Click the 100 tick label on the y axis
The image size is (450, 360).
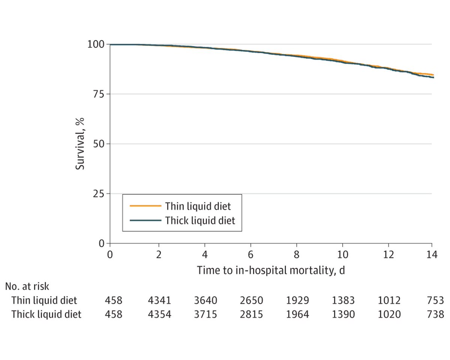coord(96,44)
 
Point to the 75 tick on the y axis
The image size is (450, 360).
coord(99,94)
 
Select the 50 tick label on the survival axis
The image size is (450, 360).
coord(99,144)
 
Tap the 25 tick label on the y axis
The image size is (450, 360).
coord(99,194)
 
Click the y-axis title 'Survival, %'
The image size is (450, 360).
coord(80,144)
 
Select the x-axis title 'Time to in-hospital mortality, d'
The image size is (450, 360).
coord(271,270)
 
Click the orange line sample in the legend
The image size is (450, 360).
coord(145,206)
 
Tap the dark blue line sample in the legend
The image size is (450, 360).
coord(145,221)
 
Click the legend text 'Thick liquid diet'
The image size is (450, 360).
coord(200,221)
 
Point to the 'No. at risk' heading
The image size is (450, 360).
coord(27,287)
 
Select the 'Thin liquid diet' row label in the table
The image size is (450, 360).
coord(44,300)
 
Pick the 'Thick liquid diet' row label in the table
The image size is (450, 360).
coord(46,314)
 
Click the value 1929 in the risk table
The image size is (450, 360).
coord(298,300)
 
